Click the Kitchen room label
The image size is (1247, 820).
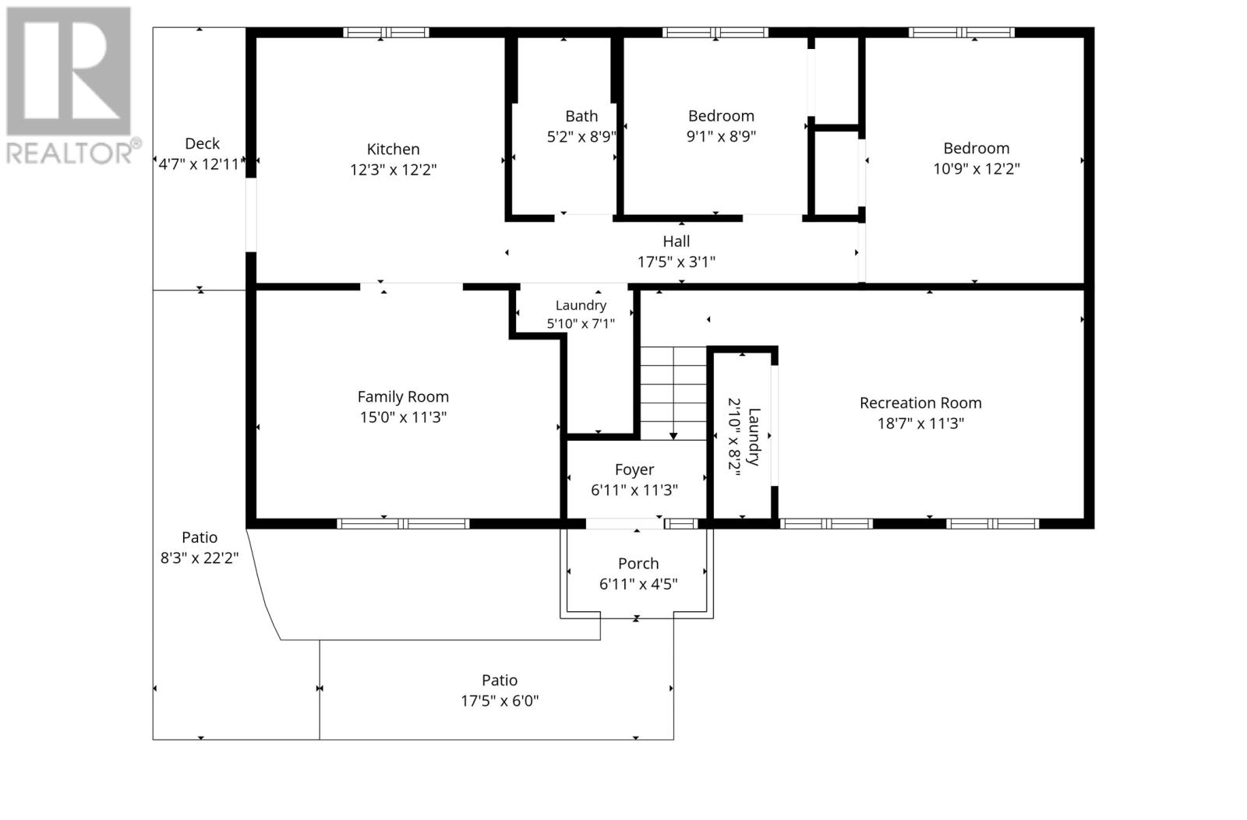(x=393, y=149)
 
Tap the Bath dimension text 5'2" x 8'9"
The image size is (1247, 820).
(x=581, y=137)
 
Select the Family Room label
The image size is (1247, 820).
(x=403, y=396)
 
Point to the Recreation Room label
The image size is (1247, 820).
(x=920, y=403)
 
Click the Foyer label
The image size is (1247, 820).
(x=634, y=470)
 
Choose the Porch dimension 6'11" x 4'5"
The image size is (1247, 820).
(x=638, y=584)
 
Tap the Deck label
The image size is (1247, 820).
(x=202, y=143)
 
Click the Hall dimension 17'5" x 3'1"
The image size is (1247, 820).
(x=676, y=262)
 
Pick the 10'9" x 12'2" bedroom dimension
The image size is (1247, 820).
(x=977, y=168)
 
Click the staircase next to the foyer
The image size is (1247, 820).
(x=673, y=393)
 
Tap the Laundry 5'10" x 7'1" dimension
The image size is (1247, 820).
(x=581, y=323)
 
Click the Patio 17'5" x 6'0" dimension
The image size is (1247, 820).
(x=500, y=701)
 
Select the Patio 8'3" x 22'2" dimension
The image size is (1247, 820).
(x=200, y=558)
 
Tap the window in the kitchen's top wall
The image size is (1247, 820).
(x=386, y=32)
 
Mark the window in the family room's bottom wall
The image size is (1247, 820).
(x=403, y=523)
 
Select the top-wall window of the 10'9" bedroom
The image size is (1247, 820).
(x=962, y=32)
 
